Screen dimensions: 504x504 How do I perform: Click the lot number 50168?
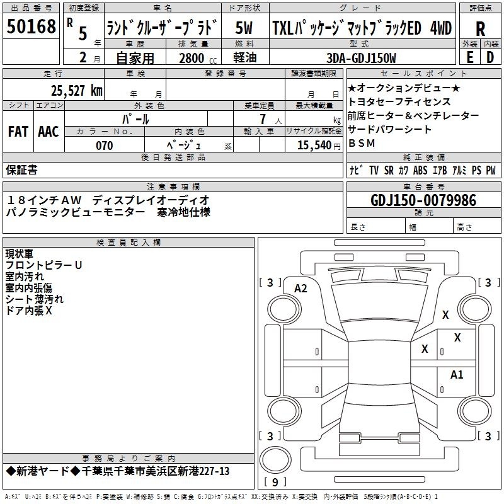pyautogui.click(x=31, y=26)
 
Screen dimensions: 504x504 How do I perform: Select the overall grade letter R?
pyautogui.click(x=480, y=29)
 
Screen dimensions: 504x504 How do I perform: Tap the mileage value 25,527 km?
pyautogui.click(x=77, y=91)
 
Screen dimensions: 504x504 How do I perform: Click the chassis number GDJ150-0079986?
pyautogui.click(x=423, y=200)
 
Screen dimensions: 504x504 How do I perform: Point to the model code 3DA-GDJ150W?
pyautogui.click(x=361, y=58)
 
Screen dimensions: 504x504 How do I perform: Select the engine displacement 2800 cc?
pyautogui.click(x=198, y=58)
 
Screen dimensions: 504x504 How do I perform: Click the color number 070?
pyautogui.click(x=105, y=146)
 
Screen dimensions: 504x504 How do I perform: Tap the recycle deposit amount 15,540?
pyautogui.click(x=314, y=146)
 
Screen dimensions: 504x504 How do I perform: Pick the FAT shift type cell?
pyautogui.click(x=18, y=132)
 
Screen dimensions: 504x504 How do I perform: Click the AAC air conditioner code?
pyautogui.click(x=49, y=132)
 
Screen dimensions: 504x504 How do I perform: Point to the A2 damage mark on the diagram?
pyautogui.click(x=301, y=289)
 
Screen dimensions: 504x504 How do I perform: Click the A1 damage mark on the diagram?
pyautogui.click(x=456, y=375)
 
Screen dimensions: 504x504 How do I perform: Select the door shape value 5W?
pyautogui.click(x=244, y=28)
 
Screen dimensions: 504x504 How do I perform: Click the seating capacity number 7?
pyautogui.click(x=263, y=119)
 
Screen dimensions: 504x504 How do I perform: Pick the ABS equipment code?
pyautogui.click(x=420, y=170)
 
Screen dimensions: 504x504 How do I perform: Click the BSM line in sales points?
pyautogui.click(x=362, y=143)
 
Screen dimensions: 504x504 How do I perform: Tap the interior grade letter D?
pyautogui.click(x=490, y=57)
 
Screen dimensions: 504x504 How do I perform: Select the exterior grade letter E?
pyautogui.click(x=469, y=57)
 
